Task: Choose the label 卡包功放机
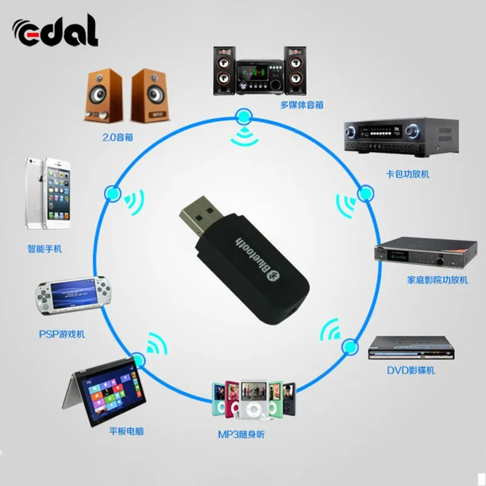point(408,174)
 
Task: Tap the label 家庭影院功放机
point(437,280)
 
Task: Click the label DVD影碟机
point(411,370)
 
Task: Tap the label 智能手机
point(45,248)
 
